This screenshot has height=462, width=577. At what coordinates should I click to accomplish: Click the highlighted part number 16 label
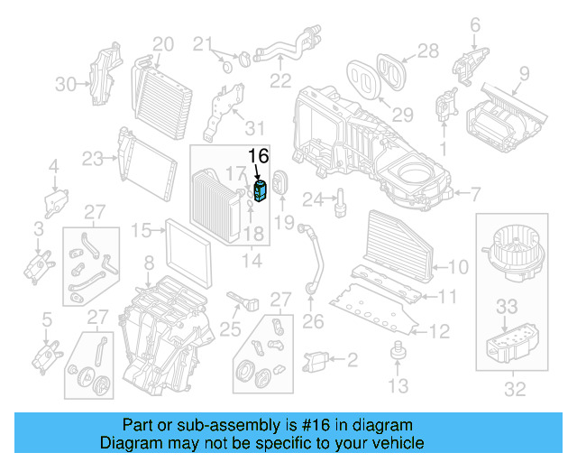point(259,155)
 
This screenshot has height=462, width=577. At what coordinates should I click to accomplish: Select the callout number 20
point(162,43)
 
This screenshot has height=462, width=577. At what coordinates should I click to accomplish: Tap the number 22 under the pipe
point(280,80)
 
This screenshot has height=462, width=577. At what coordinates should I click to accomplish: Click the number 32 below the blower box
point(514,390)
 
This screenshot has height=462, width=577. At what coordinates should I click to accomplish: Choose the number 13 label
point(398,387)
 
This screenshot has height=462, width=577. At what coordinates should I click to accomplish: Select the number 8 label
point(150,263)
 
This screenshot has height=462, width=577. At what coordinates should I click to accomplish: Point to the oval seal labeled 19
point(279,184)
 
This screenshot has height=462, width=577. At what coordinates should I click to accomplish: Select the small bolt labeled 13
point(394,352)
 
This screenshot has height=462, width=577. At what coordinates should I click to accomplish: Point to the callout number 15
point(141,231)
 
